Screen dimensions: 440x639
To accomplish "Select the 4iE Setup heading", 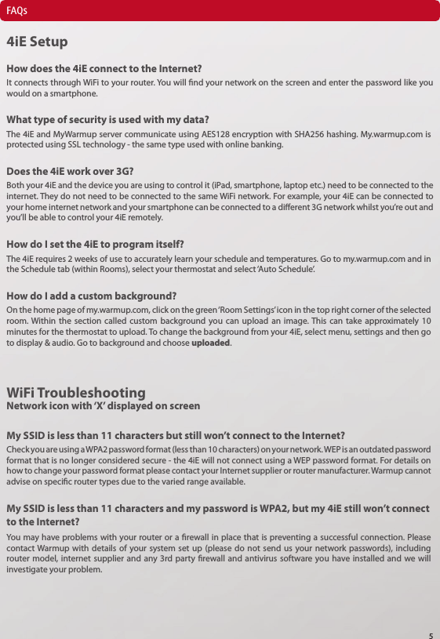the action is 36,41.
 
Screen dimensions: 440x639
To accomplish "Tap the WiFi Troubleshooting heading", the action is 75,392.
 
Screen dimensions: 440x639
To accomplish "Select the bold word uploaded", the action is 212,343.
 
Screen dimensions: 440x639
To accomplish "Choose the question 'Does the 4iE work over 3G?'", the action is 70,172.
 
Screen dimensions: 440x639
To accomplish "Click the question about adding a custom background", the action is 91,297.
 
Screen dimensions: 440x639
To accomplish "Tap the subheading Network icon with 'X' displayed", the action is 103,406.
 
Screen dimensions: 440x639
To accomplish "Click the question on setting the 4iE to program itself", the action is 95,244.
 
